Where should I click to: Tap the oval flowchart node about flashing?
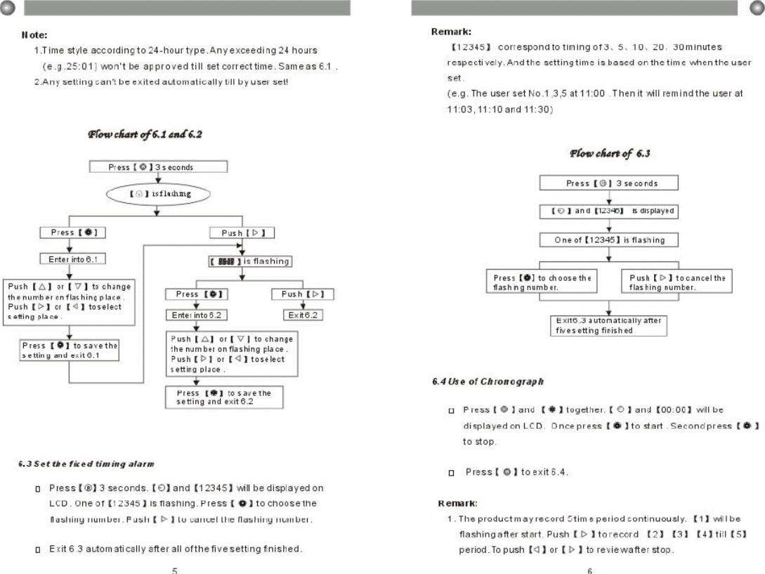click(x=157, y=193)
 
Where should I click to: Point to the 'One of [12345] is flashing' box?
click(x=608, y=240)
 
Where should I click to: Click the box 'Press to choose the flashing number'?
click(x=540, y=282)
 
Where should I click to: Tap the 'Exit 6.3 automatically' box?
click(x=608, y=325)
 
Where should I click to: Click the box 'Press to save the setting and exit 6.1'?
click(x=70, y=350)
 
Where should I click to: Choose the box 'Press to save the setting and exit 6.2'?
click(x=224, y=398)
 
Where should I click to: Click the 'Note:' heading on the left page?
click(x=33, y=34)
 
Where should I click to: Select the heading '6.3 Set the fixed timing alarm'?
click(x=86, y=464)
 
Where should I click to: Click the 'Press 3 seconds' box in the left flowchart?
click(x=157, y=167)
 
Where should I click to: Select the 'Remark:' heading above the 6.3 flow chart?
click(x=450, y=32)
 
